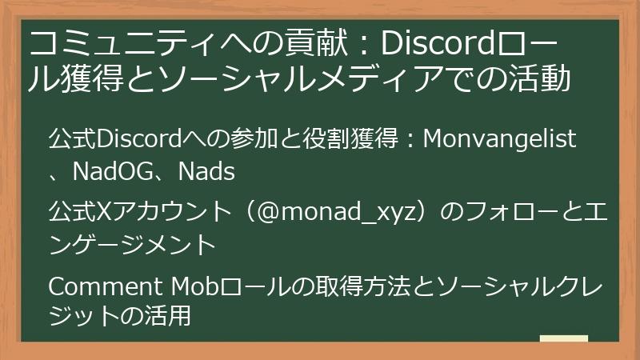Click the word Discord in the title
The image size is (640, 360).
[x=430, y=42]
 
